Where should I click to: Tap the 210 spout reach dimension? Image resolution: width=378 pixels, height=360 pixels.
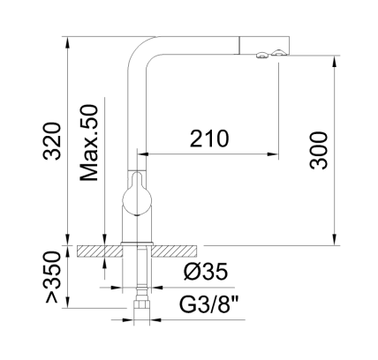coord(209,139)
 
